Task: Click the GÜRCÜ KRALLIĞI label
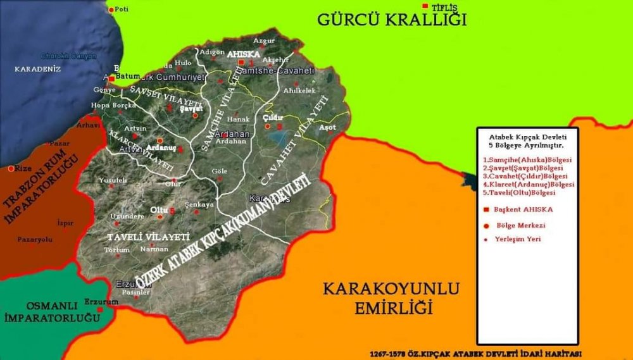(392, 20)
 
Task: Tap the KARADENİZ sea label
(37, 68)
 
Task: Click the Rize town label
(23, 169)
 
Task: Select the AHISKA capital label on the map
(247, 54)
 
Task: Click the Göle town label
(220, 171)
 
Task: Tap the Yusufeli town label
(113, 180)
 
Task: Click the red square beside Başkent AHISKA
(486, 209)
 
